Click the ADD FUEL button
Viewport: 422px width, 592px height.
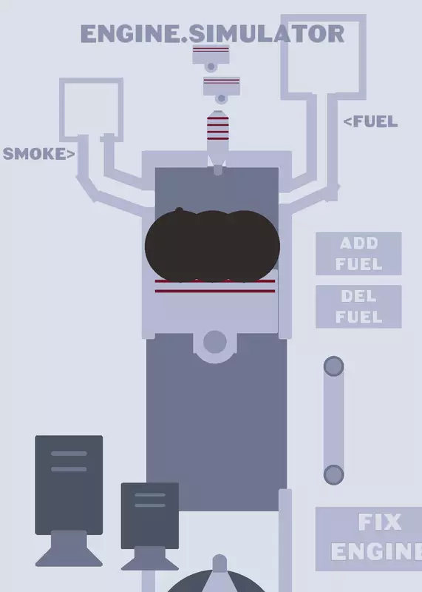point(358,253)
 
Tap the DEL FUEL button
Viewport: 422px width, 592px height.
point(358,306)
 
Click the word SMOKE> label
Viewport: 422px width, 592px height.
point(39,154)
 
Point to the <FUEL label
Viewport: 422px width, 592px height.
point(370,121)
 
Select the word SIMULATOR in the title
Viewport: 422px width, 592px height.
point(266,34)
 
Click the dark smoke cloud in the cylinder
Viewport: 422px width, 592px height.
point(212,246)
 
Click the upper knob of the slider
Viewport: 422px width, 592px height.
point(333,366)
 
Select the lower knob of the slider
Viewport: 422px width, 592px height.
point(333,474)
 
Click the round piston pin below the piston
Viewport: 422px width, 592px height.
point(215,342)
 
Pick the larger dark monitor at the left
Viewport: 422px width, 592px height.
point(69,485)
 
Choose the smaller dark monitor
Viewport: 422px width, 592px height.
point(150,515)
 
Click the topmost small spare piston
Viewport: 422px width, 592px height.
point(211,58)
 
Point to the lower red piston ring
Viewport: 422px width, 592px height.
point(215,291)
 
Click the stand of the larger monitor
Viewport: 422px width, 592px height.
point(69,548)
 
